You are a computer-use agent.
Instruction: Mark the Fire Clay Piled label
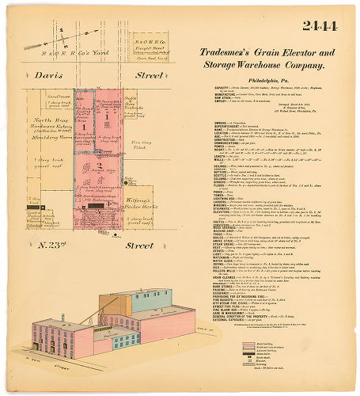coord(142,147)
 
